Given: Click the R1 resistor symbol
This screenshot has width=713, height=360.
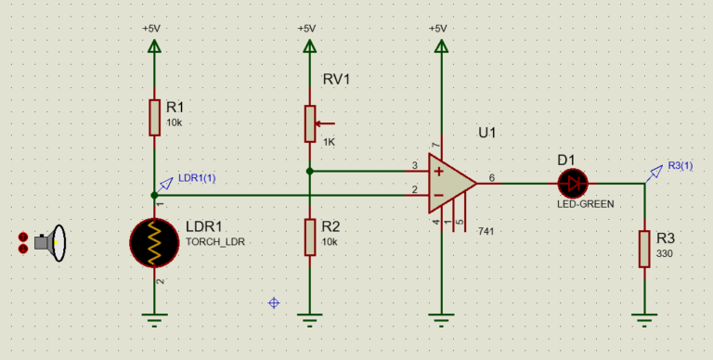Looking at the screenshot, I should click(155, 117).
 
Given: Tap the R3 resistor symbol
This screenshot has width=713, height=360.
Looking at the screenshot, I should click(643, 249).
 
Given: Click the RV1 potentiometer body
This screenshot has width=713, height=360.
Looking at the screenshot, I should click(309, 123).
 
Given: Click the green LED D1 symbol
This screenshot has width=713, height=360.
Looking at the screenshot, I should click(574, 183).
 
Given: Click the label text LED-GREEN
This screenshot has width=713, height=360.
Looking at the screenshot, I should click(585, 203).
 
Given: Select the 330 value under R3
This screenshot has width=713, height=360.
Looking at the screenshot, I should click(666, 252).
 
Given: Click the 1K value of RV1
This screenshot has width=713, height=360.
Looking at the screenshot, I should click(331, 142).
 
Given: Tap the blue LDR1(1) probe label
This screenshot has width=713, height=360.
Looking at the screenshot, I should click(196, 178).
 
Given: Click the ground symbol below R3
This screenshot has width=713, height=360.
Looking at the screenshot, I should click(643, 321).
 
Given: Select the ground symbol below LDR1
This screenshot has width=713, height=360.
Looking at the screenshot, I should click(155, 321).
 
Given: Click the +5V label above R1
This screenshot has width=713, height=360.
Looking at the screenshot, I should click(151, 28).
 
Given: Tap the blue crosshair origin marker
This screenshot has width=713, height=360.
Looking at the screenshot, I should click(274, 302).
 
